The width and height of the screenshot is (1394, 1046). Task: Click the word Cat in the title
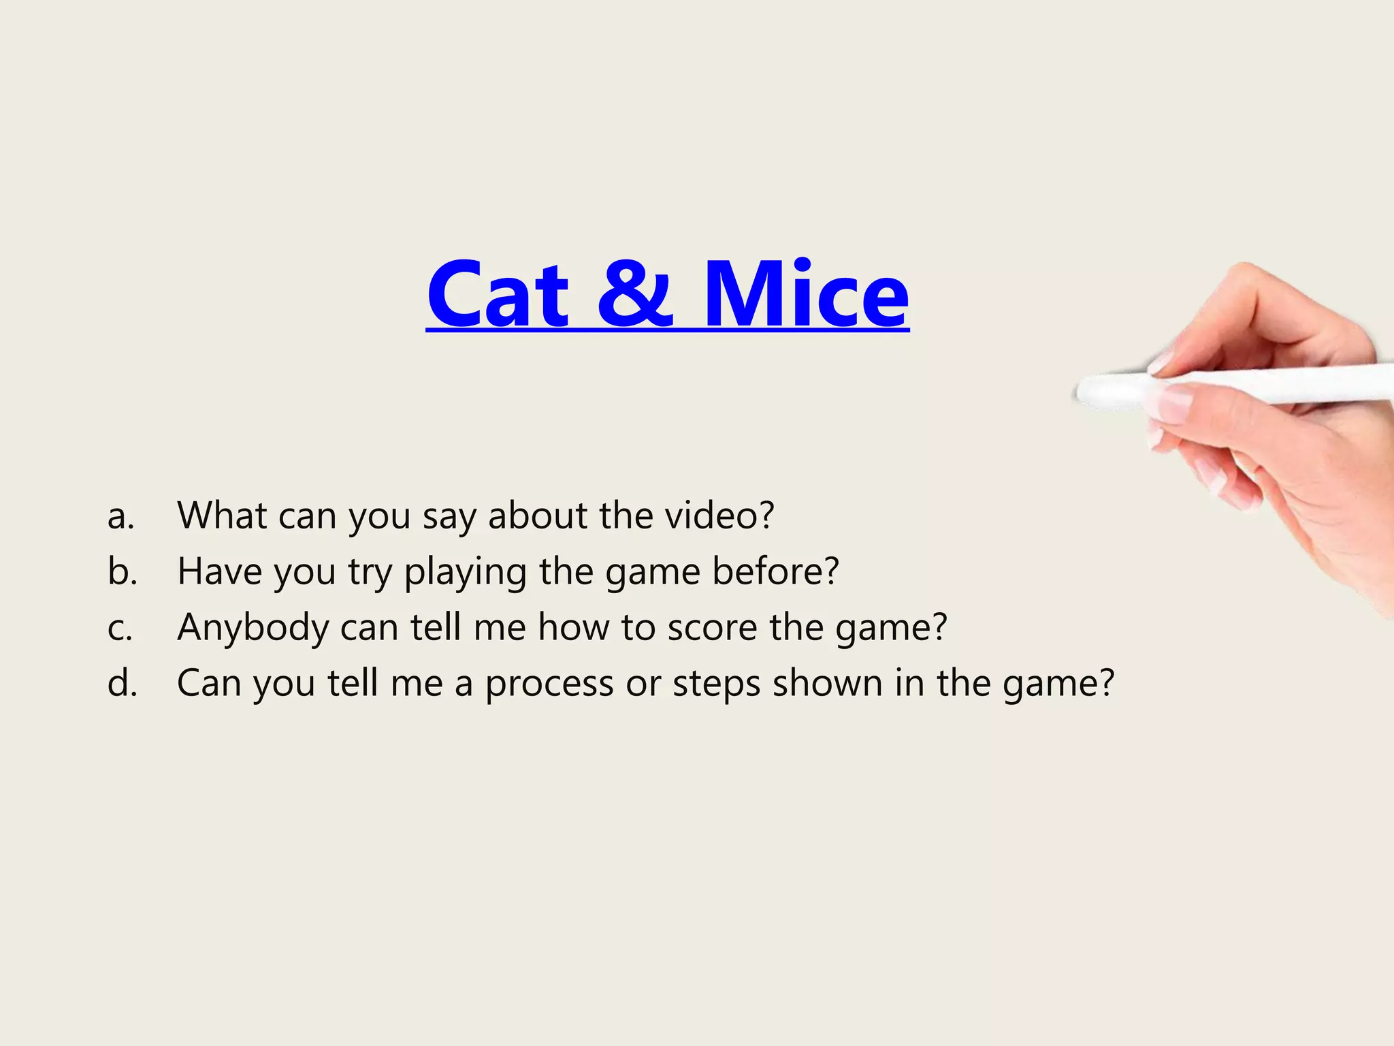click(x=498, y=295)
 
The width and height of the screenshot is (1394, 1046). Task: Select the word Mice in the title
click(x=806, y=295)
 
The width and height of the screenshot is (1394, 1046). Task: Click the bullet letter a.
click(x=120, y=516)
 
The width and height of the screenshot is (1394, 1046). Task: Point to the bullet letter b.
click(x=122, y=572)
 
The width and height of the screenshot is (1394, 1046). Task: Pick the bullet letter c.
click(x=120, y=628)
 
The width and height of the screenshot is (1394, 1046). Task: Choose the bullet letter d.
click(x=122, y=683)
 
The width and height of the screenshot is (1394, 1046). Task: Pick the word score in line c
click(x=712, y=628)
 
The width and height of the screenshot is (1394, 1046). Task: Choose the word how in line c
click(x=573, y=627)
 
